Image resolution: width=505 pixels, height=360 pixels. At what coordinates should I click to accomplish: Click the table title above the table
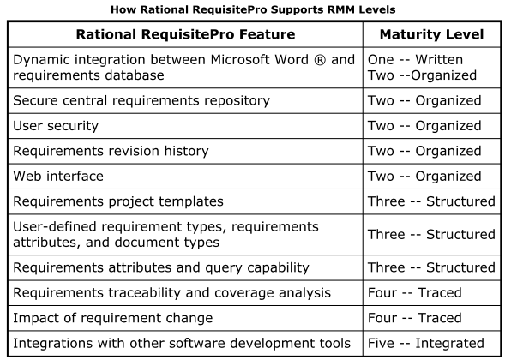tap(253, 9)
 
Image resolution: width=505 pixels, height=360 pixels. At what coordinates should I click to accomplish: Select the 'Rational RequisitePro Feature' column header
tap(185, 34)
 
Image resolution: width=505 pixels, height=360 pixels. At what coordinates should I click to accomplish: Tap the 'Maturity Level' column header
tap(431, 34)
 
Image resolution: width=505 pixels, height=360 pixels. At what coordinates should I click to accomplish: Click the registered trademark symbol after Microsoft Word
tap(320, 59)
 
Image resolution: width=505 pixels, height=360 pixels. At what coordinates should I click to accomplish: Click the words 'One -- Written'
tap(416, 59)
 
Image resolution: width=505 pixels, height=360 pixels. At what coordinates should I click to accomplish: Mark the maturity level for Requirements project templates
tap(431, 201)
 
